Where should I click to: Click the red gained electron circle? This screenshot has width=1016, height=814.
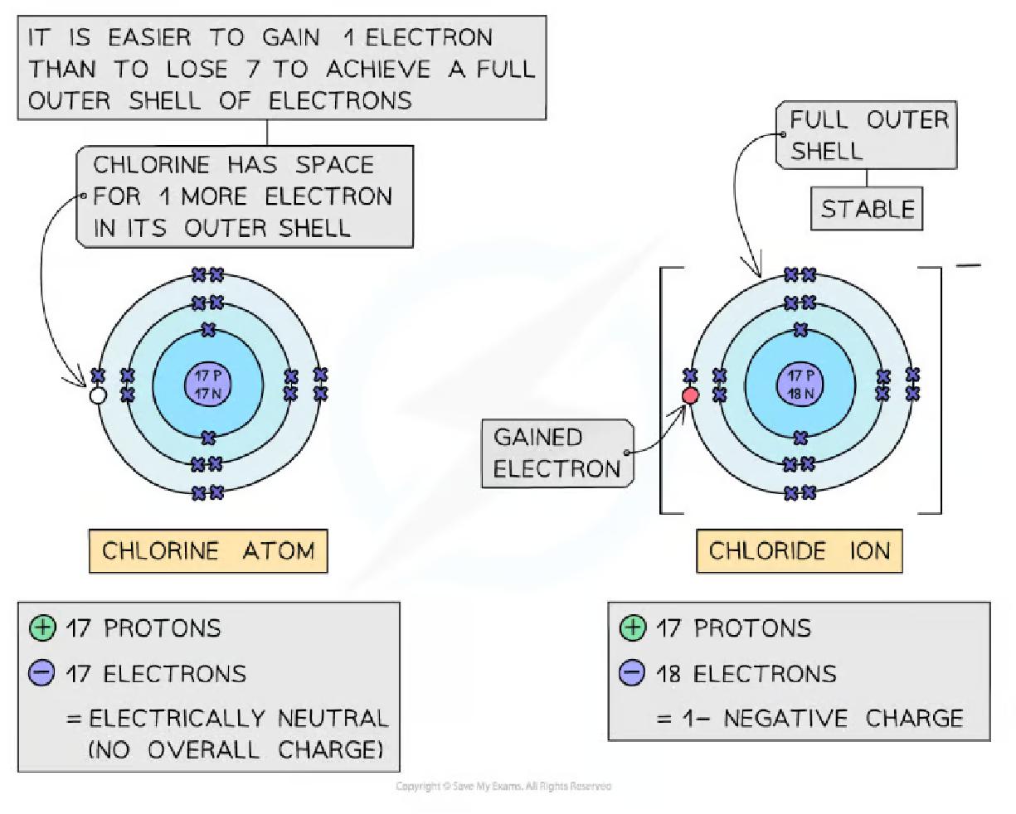point(690,395)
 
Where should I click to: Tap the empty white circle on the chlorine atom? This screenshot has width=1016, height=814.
point(98,396)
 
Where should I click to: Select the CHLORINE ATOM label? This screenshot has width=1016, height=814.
point(208,551)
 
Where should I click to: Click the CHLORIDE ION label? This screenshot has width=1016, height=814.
point(799,551)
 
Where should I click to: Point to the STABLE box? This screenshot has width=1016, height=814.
point(867,209)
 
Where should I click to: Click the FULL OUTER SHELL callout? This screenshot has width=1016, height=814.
point(867,135)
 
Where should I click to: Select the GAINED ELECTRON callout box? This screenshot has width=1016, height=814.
point(557,453)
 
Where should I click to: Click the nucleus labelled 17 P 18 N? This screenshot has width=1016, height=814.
point(800,384)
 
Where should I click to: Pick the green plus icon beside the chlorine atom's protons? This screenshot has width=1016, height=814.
point(41,628)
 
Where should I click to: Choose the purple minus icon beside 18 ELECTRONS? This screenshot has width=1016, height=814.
point(632,673)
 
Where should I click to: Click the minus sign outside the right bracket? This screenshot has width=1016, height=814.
point(967,267)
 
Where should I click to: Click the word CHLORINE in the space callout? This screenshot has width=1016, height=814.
point(151,165)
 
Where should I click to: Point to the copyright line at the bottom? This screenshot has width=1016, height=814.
point(503,786)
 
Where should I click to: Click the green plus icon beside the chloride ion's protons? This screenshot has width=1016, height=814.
point(632,628)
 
